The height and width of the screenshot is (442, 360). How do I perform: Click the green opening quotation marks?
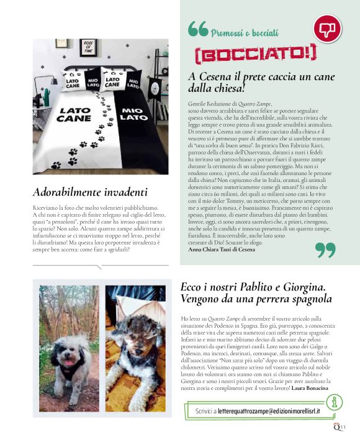pos(197,29)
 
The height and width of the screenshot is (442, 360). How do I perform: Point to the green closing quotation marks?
pos(325,249)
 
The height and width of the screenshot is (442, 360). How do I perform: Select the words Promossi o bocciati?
pos(238,32)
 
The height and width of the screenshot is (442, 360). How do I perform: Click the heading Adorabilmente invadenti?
pos(90,192)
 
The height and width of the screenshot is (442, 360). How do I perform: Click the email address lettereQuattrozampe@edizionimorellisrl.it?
pos(258,410)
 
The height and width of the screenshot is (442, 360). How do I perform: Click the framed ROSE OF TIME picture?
pos(91,47)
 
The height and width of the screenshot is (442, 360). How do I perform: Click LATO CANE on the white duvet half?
pos(68,114)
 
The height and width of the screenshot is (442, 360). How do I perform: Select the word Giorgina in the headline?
pos(303,287)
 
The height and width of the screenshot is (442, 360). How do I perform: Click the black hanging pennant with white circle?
pos(53,81)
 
